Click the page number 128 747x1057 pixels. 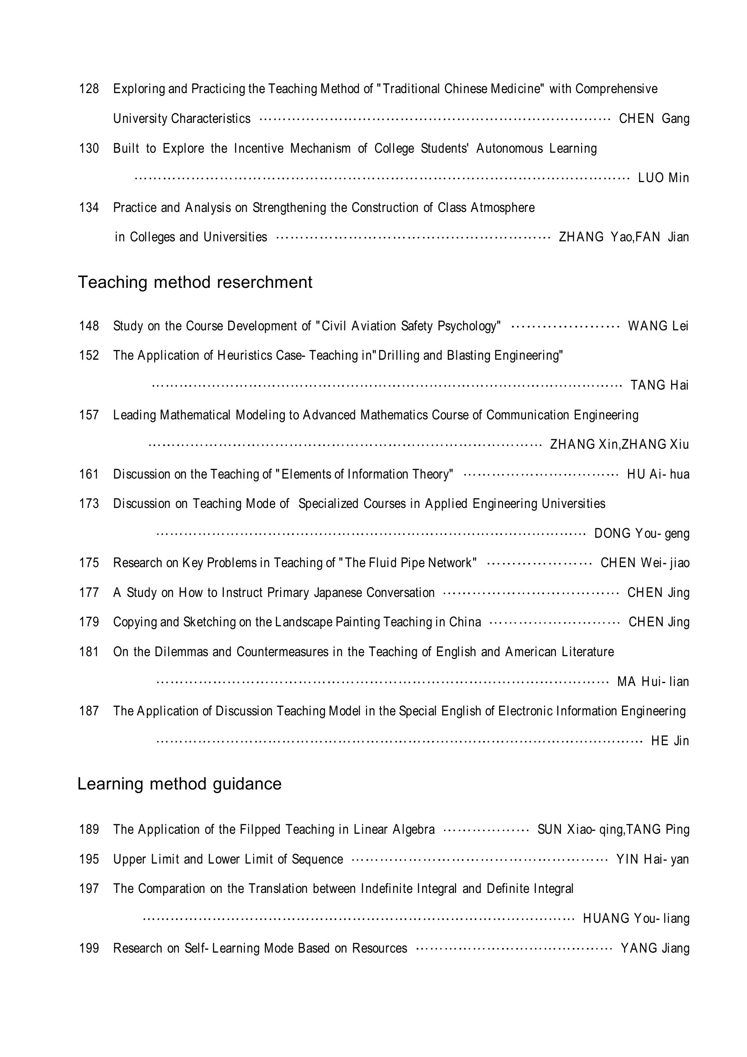coord(89,89)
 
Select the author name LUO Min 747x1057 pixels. coord(663,178)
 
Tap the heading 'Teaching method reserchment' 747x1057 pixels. coord(195,282)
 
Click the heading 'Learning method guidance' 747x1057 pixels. coord(179,784)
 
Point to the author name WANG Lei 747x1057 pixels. coord(658,326)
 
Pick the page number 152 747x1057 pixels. coord(89,355)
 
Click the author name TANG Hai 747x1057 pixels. coord(659,385)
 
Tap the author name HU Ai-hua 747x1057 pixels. coord(658,474)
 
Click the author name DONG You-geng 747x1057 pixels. coord(642,534)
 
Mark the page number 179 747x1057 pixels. coord(89,622)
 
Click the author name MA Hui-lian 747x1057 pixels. coord(653,681)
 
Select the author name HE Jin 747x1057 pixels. coord(670,741)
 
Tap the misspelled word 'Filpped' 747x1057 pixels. coord(260,830)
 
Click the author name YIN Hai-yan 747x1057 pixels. coord(653,859)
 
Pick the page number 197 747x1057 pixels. coord(89,888)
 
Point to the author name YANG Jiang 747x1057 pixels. coord(655,949)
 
